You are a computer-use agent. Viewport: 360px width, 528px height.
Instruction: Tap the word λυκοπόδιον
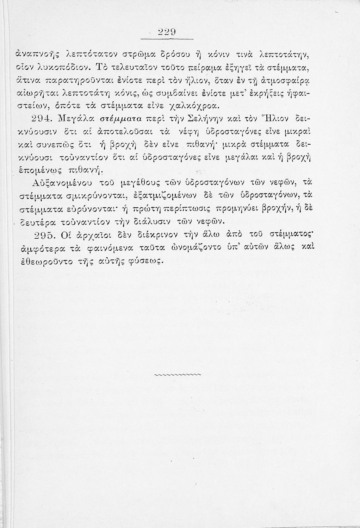[49, 67]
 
